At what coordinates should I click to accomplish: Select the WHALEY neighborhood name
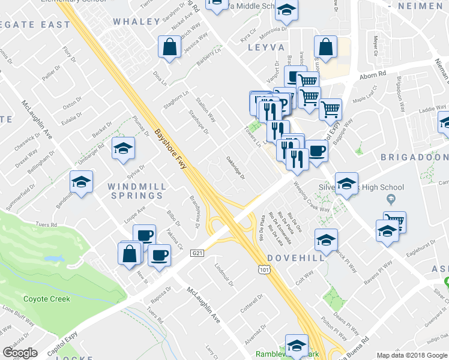[136, 21]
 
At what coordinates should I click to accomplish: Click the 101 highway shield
[265, 271]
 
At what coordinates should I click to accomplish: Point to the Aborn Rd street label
[372, 77]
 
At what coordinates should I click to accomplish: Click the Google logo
[20, 353]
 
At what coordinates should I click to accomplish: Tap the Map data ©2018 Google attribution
[411, 355]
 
